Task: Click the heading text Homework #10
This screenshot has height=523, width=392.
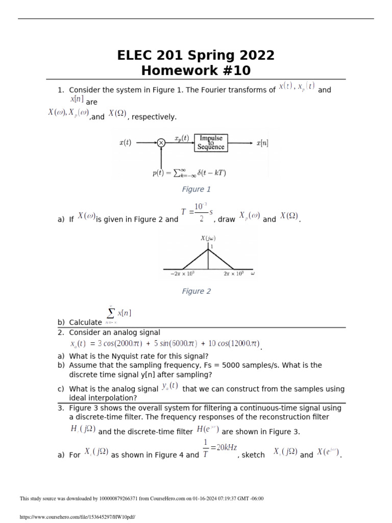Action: [x=196, y=70]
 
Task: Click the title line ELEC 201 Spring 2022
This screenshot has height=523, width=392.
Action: [x=196, y=55]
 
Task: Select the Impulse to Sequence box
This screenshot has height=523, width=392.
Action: [x=211, y=143]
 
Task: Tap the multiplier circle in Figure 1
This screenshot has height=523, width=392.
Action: [x=161, y=144]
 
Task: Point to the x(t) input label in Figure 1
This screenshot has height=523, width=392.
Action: [x=125, y=143]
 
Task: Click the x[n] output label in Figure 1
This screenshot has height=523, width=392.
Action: [x=262, y=143]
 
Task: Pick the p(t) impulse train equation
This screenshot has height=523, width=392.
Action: [x=189, y=173]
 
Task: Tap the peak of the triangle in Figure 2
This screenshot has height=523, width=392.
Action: [x=208, y=249]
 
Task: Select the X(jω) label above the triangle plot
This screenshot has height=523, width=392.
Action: [x=208, y=238]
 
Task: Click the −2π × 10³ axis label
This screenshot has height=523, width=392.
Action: [x=182, y=274]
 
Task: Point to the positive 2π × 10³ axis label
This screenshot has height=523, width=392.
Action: [x=234, y=274]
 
